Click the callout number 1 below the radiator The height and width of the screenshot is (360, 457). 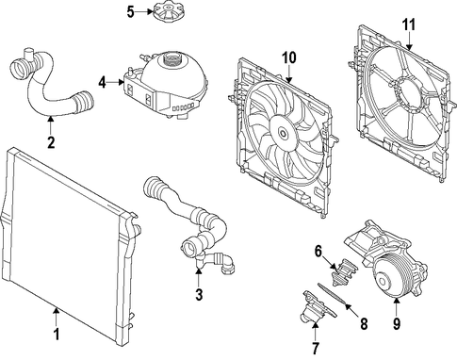point(57,335)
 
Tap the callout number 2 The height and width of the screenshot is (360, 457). point(51,142)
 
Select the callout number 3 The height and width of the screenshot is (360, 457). point(199,294)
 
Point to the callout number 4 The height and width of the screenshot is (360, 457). point(103,83)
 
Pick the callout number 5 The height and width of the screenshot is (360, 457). point(130,12)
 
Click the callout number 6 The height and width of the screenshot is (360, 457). point(318,251)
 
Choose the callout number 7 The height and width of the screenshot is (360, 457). point(315,348)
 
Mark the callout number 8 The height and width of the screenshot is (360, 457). point(364,323)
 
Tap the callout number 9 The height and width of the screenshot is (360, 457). point(397,323)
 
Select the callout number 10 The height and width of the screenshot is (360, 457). point(289,57)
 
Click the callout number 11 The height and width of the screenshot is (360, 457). point(409,25)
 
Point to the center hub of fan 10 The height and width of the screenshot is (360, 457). point(283,133)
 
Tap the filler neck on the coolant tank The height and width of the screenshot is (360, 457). point(171,58)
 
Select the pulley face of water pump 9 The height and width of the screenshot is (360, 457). point(385,279)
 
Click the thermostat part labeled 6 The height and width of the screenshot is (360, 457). point(343,271)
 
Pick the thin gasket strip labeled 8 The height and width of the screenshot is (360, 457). point(332,293)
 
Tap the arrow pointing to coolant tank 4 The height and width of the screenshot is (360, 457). point(116,83)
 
